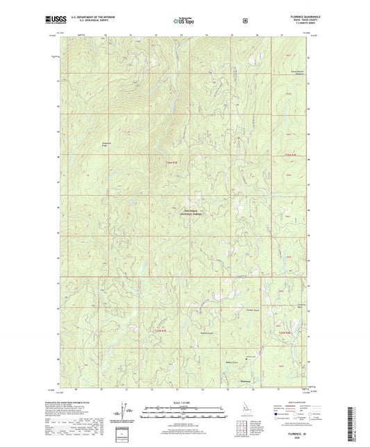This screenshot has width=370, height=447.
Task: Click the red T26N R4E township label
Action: [289, 155]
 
